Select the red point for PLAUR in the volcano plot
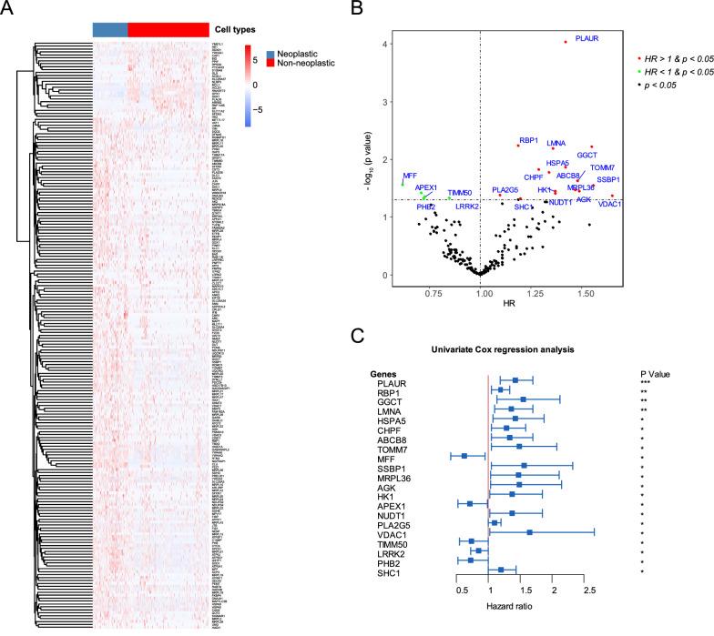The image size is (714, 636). (x=566, y=42)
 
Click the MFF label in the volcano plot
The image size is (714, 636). (x=410, y=175)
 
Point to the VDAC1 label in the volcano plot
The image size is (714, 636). (x=610, y=204)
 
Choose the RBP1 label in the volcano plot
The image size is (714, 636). (x=527, y=140)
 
